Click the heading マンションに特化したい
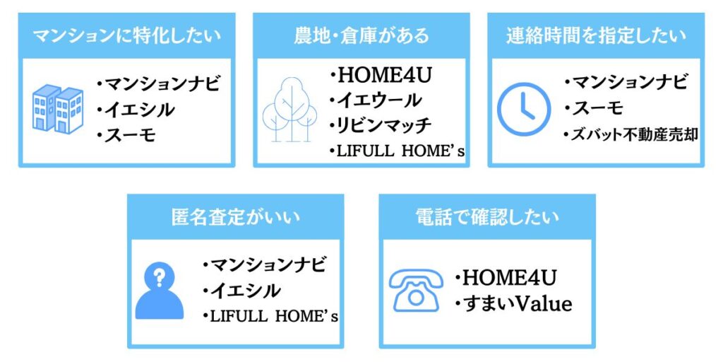tap(127, 36)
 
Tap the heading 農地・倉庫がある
tap(361, 36)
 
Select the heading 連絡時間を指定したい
tap(596, 36)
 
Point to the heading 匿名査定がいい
tap(235, 217)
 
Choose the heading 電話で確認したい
tap(487, 217)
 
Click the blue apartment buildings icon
tap(58, 110)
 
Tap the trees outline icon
tap(290, 110)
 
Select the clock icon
tap(524, 110)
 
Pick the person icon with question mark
tap(160, 290)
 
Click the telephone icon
tap(416, 290)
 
